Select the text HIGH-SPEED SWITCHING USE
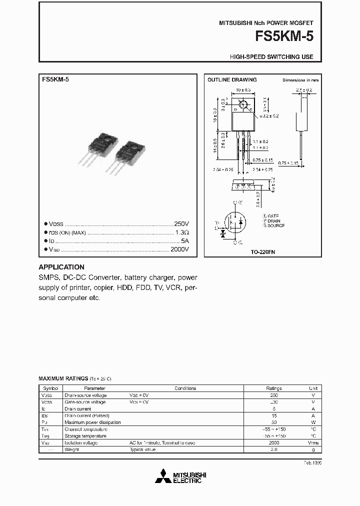coord(271,57)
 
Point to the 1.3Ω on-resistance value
coord(181,232)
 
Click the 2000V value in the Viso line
coord(179,248)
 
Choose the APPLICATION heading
coord(61,267)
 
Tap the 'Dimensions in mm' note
coord(300,80)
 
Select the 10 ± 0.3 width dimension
coord(242,90)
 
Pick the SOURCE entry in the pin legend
coord(274,225)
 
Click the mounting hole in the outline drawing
coord(243,105)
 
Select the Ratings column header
coord(273,388)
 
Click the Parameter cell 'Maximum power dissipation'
coord(92,422)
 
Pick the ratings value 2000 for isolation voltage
coord(273,443)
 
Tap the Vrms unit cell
coord(313,443)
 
